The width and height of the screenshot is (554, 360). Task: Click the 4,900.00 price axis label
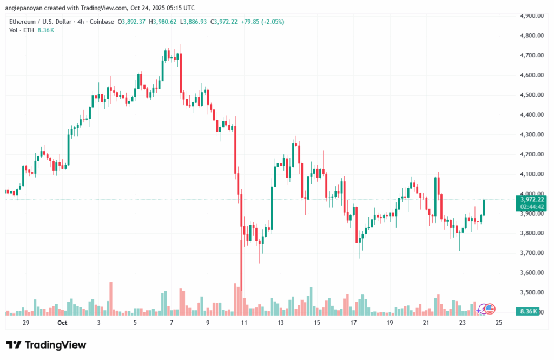pyautogui.click(x=528, y=16)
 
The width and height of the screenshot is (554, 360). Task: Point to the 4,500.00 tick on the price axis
pyautogui.click(x=528, y=95)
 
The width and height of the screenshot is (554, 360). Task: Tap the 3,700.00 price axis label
pyautogui.click(x=528, y=253)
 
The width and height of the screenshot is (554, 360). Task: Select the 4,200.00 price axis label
pyautogui.click(x=528, y=154)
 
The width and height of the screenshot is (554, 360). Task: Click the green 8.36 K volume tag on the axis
pyautogui.click(x=527, y=311)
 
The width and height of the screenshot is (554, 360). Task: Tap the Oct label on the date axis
pyautogui.click(x=62, y=322)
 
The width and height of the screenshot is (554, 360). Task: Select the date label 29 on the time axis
pyautogui.click(x=25, y=322)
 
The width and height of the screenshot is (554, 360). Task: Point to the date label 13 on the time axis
pyautogui.click(x=280, y=322)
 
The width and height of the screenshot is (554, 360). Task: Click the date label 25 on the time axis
pyautogui.click(x=498, y=322)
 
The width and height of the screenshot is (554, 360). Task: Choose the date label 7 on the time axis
pyautogui.click(x=171, y=322)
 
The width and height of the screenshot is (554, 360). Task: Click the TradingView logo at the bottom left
pyautogui.click(x=46, y=345)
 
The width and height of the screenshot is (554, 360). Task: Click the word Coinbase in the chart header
pyautogui.click(x=104, y=22)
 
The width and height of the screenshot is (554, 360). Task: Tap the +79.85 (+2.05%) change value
pyautogui.click(x=261, y=22)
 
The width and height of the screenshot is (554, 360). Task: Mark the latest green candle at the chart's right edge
pyautogui.click(x=484, y=207)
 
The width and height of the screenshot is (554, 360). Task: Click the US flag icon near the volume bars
pyautogui.click(x=490, y=309)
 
